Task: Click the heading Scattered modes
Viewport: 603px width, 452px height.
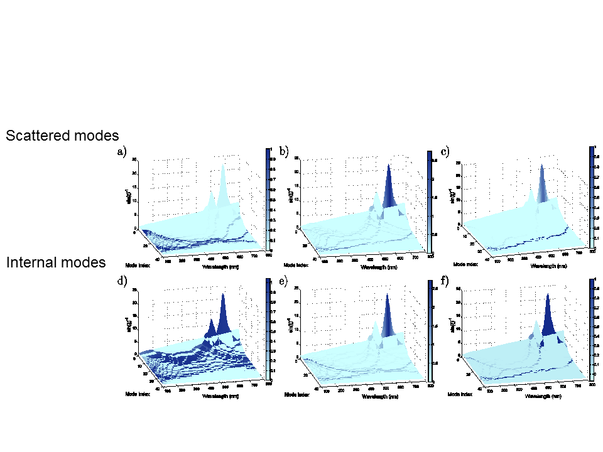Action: (62, 135)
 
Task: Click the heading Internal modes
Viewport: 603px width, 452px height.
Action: (56, 262)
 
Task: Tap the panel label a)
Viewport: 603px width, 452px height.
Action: (122, 152)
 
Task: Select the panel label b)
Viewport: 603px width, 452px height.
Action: (284, 152)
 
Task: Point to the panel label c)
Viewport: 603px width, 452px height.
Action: (445, 152)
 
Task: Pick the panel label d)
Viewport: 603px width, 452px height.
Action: (122, 282)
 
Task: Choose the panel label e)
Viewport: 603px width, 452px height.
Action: (283, 282)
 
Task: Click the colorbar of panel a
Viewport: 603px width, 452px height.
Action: (268, 199)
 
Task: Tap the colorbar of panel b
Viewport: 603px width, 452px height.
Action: (430, 202)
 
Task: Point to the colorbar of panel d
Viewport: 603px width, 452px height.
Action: (268, 330)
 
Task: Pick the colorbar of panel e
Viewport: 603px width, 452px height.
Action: (430, 331)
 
